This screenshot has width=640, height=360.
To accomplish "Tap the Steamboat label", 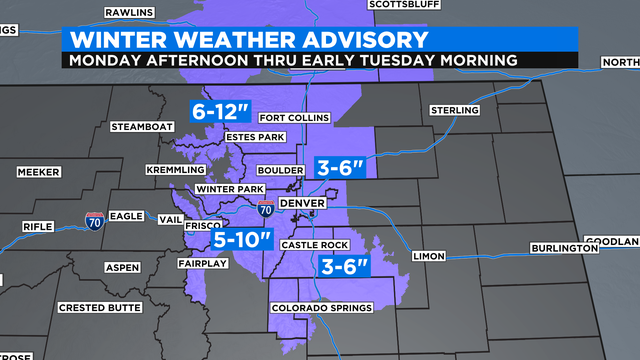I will [143, 127].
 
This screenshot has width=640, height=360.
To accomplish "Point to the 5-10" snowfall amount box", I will [241, 239].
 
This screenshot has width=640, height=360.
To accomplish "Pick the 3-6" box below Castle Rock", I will [346, 266].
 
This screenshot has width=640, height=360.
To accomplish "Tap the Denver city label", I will [302, 203].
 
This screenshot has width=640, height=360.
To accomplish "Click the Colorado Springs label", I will [322, 308].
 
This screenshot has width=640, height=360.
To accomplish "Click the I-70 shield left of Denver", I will [264, 209].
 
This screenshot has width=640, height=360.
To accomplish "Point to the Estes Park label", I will [257, 137].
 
